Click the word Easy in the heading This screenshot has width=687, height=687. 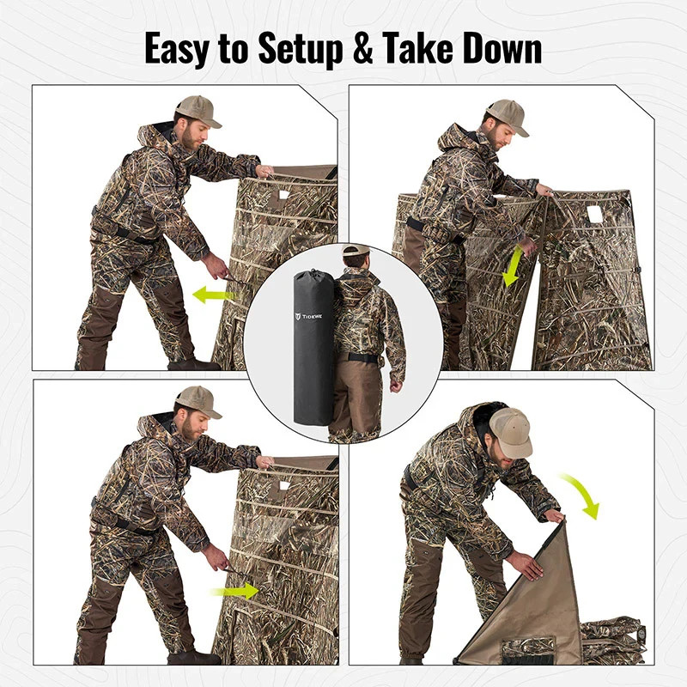[176, 49]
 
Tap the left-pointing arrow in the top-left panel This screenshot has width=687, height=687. [214, 295]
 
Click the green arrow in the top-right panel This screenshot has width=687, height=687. [512, 266]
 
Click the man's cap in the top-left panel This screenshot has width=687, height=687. [198, 110]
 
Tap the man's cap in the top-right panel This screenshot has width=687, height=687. [507, 115]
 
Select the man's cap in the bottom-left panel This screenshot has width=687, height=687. [198, 400]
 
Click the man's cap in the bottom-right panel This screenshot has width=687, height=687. [509, 431]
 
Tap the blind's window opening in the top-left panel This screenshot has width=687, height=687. [283, 196]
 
